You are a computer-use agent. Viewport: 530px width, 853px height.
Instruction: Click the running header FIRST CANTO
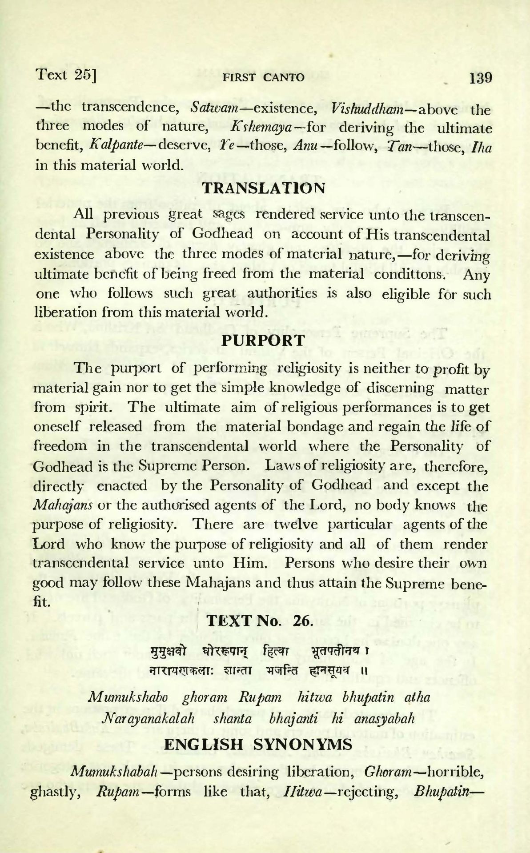(x=264, y=78)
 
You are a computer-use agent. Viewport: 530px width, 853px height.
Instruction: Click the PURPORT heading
(x=263, y=341)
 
